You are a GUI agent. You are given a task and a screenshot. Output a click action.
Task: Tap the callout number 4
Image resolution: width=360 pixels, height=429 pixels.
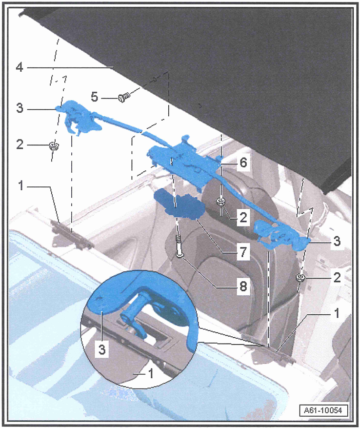click(x=19, y=66)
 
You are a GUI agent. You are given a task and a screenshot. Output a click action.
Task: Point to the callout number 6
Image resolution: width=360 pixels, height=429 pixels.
click(x=243, y=163)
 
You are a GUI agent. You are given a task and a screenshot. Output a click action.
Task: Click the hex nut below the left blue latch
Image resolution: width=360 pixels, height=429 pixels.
click(x=54, y=145)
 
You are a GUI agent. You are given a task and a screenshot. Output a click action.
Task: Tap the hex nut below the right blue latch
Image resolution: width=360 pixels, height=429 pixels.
click(x=300, y=278)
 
